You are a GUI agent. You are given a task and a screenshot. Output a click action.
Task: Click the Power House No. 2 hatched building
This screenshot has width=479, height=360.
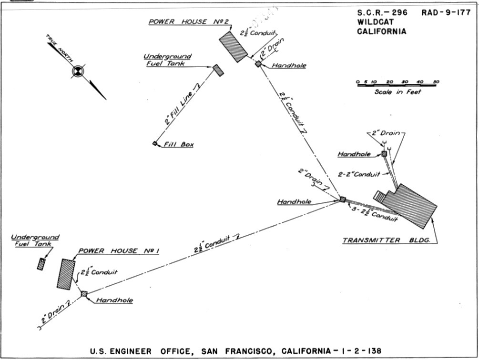tap(233, 47)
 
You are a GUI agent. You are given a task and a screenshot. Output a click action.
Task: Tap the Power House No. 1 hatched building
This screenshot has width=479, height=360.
tap(66, 274)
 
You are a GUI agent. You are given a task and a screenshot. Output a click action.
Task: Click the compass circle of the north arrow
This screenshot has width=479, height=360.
tap(78, 71)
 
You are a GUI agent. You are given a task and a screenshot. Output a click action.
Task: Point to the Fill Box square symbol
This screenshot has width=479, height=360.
tap(155, 143)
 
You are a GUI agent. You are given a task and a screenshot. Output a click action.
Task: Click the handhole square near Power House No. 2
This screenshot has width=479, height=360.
tap(258, 64)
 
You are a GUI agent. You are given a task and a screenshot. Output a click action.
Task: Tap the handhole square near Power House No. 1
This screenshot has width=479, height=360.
tap(84, 294)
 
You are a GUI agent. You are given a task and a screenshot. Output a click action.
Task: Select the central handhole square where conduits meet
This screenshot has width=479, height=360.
tap(342, 200)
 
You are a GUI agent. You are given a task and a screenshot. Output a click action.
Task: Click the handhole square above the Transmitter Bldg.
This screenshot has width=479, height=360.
tap(384, 154)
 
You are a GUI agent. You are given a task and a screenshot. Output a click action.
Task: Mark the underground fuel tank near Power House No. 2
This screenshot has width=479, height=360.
tap(218, 70)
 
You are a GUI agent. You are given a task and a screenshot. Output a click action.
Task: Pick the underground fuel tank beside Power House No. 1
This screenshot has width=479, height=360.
tap(41, 264)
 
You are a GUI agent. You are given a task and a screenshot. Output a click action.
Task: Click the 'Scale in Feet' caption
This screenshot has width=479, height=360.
tap(397, 92)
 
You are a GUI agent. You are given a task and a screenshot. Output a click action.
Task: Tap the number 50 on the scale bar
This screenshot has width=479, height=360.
tap(436, 82)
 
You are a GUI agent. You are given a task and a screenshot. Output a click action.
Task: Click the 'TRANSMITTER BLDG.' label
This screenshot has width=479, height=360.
tap(387, 240)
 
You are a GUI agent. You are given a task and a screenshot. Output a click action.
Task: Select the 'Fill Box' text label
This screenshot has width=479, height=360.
tap(178, 144)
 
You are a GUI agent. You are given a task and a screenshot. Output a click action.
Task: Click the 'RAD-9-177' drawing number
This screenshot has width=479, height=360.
tap(446, 13)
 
